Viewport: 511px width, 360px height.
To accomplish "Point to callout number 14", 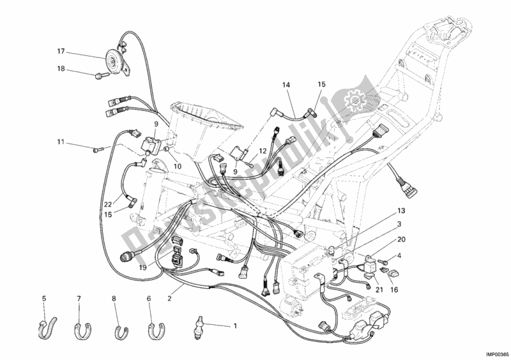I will [286, 85].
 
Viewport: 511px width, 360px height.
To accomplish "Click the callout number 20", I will [400, 239].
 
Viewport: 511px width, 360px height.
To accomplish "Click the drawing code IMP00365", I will [492, 353].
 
